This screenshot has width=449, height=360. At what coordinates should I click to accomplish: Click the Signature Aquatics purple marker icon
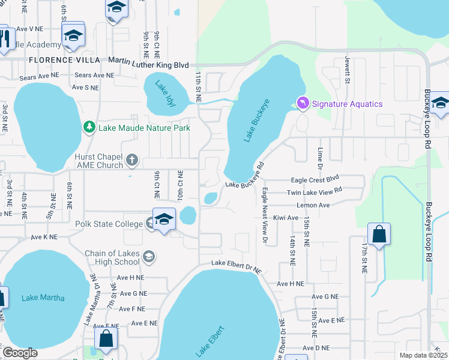coord(303,104)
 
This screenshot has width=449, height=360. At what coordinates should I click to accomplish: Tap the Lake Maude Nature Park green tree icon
coord(89,127)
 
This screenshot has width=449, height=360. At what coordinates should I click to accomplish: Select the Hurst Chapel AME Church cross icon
coord(132,161)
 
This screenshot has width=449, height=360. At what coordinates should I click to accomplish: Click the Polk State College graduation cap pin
coord(164,221)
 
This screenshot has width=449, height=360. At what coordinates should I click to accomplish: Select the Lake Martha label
coord(43,298)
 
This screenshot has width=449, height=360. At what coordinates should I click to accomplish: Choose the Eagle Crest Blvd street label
coord(315,179)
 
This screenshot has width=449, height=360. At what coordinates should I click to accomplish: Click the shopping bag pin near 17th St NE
coord(379,235)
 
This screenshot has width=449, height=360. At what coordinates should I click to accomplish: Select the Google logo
coord(20,353)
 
